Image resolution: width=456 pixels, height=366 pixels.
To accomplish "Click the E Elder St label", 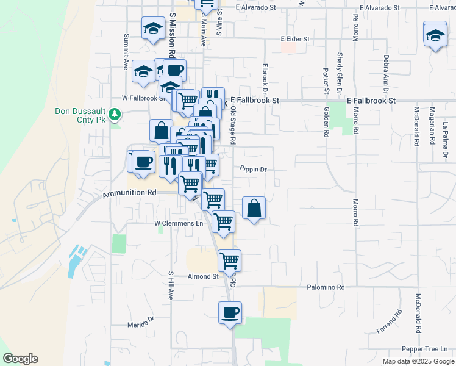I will tap(296, 38).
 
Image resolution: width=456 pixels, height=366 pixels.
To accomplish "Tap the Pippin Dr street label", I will tap(254, 170).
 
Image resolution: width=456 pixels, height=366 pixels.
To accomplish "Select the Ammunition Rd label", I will tap(130, 192).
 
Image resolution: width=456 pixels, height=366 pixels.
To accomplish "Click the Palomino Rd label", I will tap(326, 287).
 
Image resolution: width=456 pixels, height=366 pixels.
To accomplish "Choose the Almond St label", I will tap(203, 276).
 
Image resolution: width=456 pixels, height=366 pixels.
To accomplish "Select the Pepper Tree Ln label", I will tap(424, 349).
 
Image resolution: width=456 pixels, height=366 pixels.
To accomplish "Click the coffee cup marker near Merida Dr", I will tap(230, 313).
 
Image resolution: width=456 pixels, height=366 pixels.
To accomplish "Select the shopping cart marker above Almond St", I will tap(230, 260).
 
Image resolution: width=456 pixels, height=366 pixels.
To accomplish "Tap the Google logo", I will tap(20, 359).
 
